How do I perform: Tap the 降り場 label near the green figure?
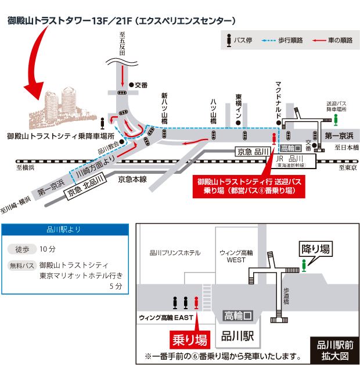coord(316,249)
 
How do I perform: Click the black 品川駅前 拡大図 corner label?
coord(334,349)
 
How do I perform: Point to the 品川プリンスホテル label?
coord(175,253)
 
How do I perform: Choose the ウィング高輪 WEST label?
coord(236,256)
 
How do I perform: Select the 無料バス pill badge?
coord(21,266)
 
